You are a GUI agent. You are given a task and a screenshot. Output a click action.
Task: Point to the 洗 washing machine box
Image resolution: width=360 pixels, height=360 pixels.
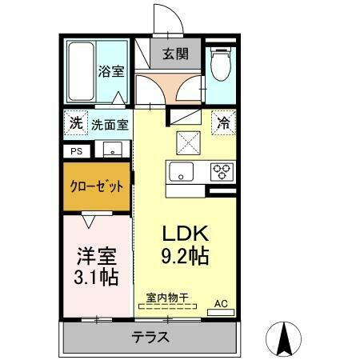tap(74, 124)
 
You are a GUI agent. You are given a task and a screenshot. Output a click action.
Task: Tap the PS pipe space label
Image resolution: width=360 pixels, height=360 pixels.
tap(77, 150)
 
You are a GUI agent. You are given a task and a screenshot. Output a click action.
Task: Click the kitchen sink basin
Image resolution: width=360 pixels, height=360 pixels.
tap(179, 171)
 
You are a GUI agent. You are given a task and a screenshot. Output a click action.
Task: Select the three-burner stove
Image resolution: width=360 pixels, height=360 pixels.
tap(219, 171)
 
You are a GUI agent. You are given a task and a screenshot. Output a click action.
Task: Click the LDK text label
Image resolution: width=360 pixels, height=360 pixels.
tap(186, 234)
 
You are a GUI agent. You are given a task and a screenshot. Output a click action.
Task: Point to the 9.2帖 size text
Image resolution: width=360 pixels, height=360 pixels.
tap(186, 258)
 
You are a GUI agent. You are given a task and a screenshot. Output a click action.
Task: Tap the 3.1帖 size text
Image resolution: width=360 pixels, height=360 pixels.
tap(97, 278)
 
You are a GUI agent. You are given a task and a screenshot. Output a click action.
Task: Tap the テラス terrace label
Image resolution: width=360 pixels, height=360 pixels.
tap(150, 337)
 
